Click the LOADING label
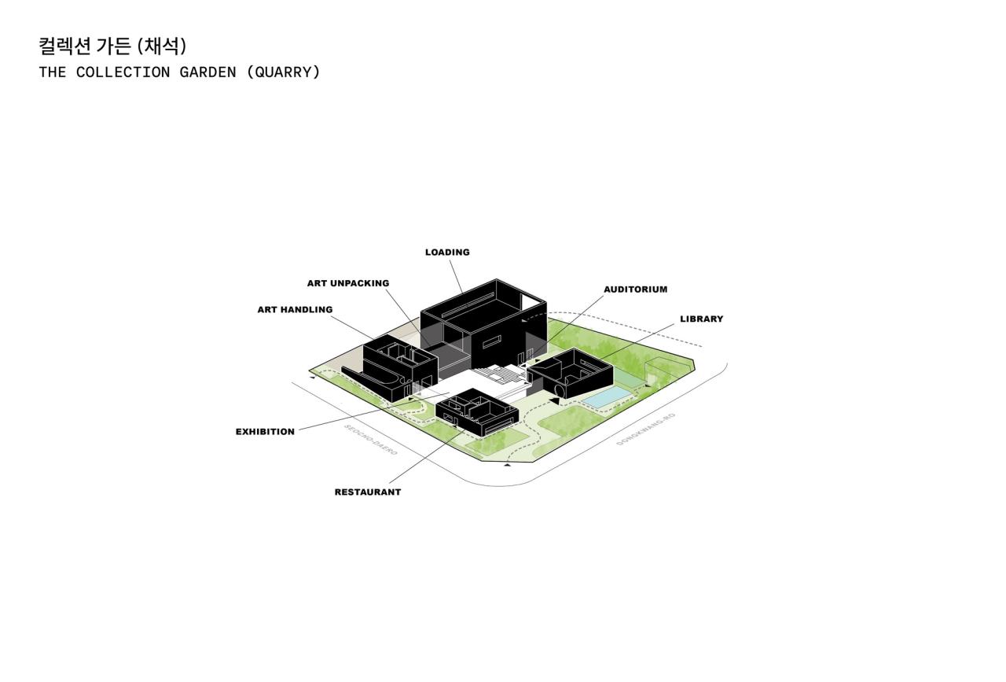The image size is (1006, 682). [x=447, y=253]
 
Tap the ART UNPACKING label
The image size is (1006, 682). [x=347, y=283]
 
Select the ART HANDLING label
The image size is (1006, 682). [x=295, y=310]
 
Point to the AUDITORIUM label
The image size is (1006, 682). [x=635, y=289]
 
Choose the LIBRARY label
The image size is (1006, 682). [x=701, y=319]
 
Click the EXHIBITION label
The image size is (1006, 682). [x=265, y=432]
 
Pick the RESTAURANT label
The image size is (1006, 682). [x=367, y=492]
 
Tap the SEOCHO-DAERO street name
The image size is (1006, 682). [x=371, y=440]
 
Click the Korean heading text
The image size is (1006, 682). [x=112, y=46]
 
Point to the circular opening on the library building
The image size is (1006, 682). [x=560, y=389]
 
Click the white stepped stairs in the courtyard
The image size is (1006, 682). [x=503, y=376]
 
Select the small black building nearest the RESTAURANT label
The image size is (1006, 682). [x=476, y=415]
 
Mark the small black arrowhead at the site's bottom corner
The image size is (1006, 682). [x=507, y=465]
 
